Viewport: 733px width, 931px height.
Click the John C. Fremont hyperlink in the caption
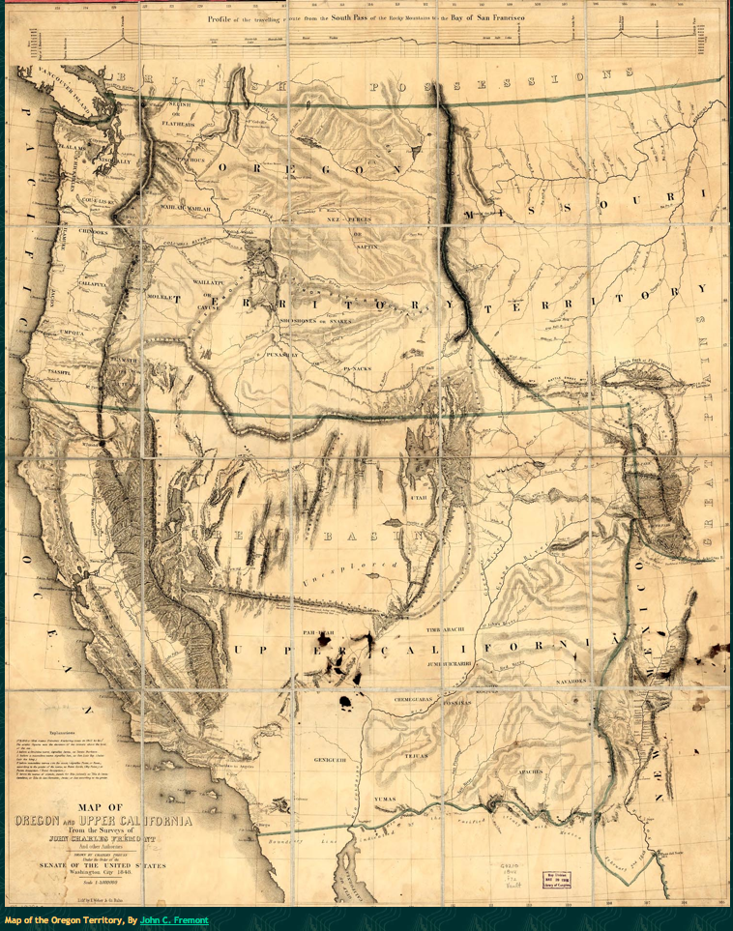coord(174,920)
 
